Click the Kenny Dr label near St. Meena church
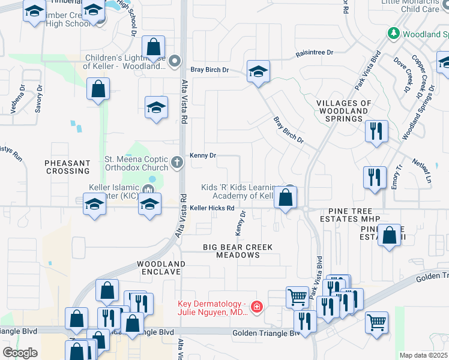(203, 155)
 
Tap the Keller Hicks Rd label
(212, 208)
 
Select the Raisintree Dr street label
(314, 53)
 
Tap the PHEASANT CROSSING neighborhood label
(67, 167)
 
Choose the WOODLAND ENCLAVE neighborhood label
(160, 268)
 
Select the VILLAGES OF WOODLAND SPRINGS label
(343, 107)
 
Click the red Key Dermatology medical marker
(257, 307)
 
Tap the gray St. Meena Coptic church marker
(177, 162)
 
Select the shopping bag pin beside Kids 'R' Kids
(286, 197)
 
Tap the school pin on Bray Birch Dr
(259, 72)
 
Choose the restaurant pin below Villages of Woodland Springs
(376, 131)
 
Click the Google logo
(20, 353)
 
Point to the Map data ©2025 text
(424, 355)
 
